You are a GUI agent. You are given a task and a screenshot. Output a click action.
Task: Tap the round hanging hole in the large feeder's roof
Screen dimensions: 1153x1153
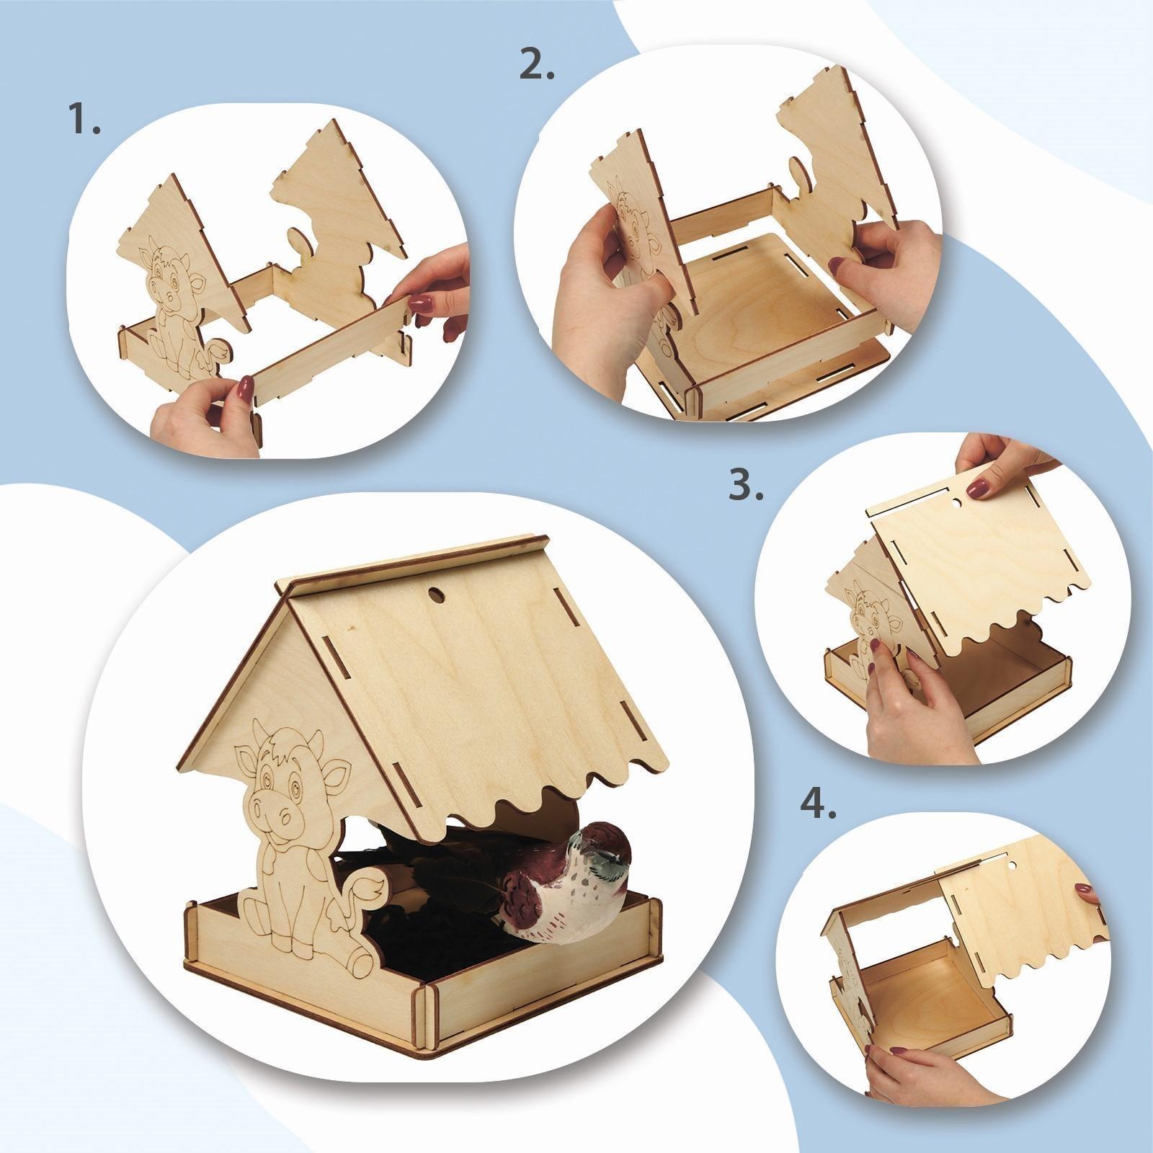(x=436, y=595)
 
